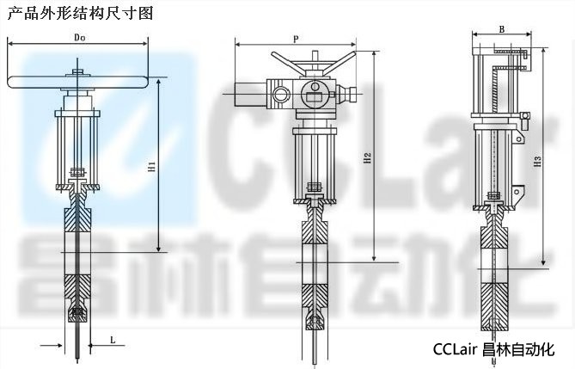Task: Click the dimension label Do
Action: coord(80,37)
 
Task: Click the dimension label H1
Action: coord(152,167)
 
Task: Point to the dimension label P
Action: coord(296,40)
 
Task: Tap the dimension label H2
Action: coord(368,158)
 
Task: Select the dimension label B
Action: coord(503,29)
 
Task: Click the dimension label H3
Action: coord(537,162)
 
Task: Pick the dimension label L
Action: coord(113,340)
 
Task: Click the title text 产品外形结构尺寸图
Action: coord(80,13)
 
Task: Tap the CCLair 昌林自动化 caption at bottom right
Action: coord(493,349)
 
